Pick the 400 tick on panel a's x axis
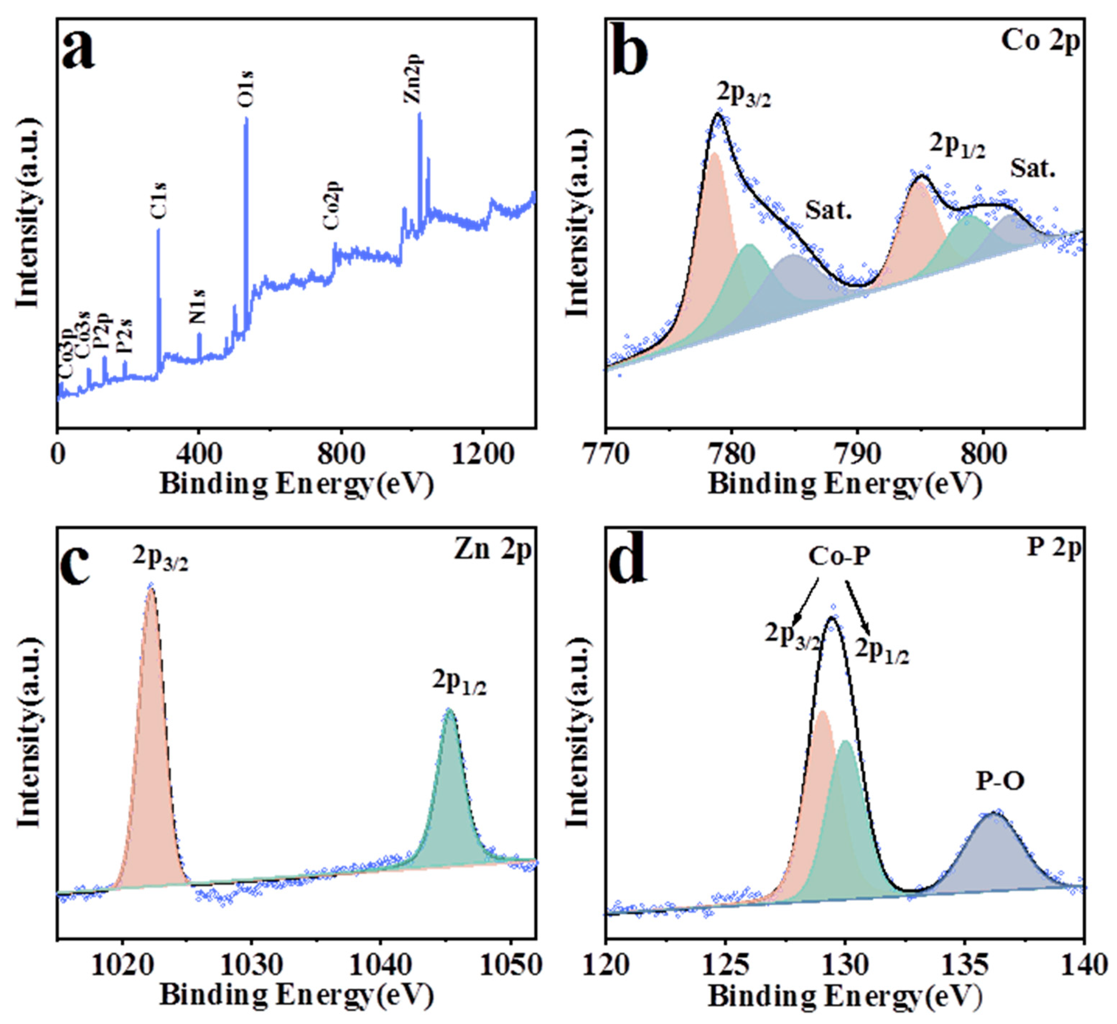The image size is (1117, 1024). [x=199, y=454]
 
